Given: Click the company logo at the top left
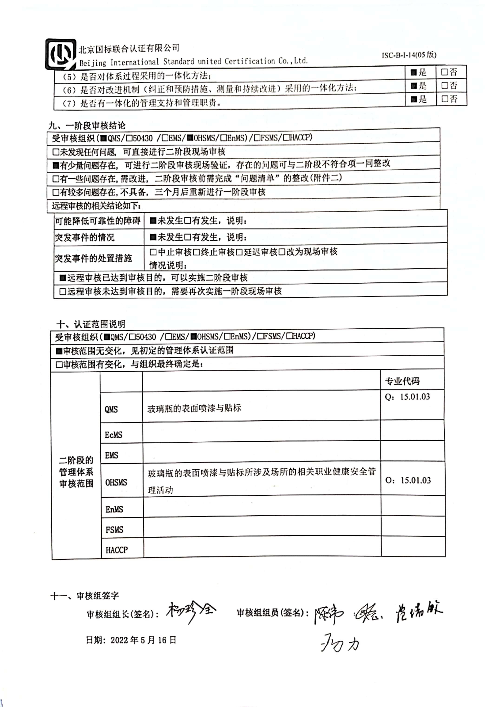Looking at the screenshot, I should (x=61, y=54).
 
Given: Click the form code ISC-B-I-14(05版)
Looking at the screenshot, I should (x=409, y=55).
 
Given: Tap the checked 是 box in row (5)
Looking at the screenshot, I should (x=413, y=72).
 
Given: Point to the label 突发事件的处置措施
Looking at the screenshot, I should (x=93, y=258).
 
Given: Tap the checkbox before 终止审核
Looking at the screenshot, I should (x=197, y=252).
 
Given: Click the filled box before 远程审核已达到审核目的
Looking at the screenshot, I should (x=63, y=278).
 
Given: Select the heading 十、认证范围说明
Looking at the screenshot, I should (x=91, y=324).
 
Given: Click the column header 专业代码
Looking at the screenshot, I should (x=402, y=381).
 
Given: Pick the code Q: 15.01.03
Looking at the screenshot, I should (x=407, y=397).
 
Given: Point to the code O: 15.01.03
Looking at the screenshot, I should (x=408, y=480).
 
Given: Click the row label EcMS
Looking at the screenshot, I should (x=114, y=435).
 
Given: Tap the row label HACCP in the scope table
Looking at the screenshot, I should (x=117, y=550).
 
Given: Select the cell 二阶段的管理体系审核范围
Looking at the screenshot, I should (x=76, y=472).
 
